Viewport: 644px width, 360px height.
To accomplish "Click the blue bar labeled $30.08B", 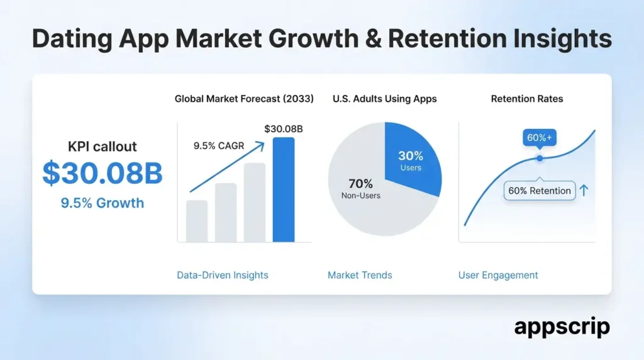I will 283,189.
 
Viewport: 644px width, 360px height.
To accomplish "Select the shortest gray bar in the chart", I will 197,221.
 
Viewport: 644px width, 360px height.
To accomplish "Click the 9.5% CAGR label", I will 219,146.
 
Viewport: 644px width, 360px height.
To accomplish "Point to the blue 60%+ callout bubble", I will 539,138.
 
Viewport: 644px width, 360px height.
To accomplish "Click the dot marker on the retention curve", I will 539,158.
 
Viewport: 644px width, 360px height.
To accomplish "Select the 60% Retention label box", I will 540,191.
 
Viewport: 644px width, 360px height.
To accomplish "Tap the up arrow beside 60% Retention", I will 584,190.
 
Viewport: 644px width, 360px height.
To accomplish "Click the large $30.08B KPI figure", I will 103,175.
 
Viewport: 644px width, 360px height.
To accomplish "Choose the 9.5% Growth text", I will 103,203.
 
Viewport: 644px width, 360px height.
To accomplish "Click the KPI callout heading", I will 103,147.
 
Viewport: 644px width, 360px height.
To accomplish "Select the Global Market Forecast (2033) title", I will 244,99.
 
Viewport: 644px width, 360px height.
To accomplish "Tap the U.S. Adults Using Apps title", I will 384,99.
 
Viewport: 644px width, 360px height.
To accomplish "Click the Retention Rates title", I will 527,99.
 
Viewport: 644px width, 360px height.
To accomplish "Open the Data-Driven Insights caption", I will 223,275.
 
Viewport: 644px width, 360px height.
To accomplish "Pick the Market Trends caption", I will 360,275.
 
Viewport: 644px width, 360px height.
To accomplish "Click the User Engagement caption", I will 498,275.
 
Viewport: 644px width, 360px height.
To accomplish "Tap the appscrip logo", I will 562,327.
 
